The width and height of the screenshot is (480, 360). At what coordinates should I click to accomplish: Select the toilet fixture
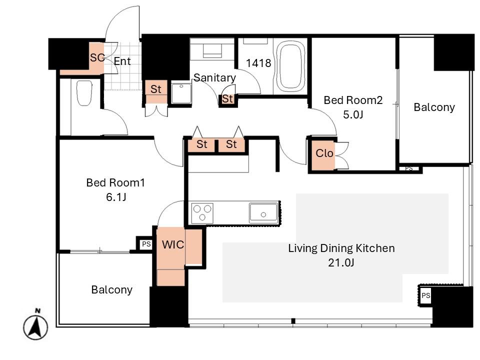[x=84, y=93]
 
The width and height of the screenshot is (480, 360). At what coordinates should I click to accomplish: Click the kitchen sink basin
[x=263, y=212]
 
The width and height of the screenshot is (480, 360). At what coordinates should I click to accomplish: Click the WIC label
[x=173, y=244]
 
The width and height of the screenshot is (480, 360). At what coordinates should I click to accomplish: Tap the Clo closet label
[x=324, y=153]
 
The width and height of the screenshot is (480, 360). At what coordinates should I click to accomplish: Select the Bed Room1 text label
[x=115, y=182]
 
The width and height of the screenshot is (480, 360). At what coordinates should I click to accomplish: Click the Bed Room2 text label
[x=353, y=100]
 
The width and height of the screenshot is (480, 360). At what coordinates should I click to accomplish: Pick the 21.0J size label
[x=341, y=262]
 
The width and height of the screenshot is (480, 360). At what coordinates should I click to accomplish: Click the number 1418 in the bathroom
[x=258, y=63]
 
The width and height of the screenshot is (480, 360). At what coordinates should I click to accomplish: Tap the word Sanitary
[x=215, y=78]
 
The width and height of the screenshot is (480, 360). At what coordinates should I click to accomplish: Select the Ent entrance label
[x=122, y=61]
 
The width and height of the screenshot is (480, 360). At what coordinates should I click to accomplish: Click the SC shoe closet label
[x=97, y=57]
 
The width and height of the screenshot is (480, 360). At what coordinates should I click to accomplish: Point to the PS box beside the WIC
[x=146, y=244]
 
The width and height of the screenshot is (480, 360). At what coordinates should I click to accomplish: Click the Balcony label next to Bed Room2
[x=434, y=107]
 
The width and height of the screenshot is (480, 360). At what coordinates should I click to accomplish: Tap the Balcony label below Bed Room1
[x=111, y=290]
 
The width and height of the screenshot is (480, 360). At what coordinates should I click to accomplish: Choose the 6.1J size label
[x=116, y=197]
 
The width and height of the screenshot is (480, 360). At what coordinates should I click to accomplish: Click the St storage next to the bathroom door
[x=227, y=99]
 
